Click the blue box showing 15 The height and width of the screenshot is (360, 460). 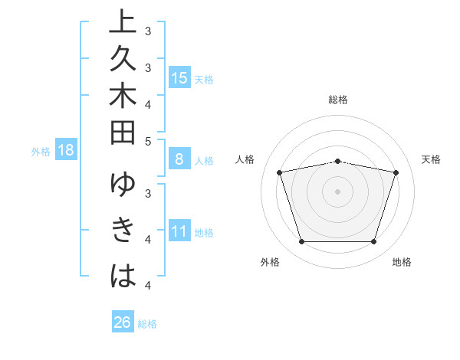[179, 78]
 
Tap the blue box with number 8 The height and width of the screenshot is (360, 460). [179, 159]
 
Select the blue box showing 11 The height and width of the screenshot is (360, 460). [179, 231]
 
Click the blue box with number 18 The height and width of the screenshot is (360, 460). [66, 150]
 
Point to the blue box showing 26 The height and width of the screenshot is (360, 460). [123, 322]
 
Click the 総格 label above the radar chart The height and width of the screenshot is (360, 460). [338, 100]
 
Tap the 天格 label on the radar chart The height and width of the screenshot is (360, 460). [432, 159]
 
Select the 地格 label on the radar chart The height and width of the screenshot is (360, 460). [402, 263]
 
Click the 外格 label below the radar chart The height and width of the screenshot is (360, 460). [270, 263]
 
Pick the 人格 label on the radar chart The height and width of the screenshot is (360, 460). [245, 159]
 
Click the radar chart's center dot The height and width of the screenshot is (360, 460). [338, 191]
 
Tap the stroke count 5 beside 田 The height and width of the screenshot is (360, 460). [148, 141]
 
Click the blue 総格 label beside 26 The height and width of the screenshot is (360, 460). [147, 324]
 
